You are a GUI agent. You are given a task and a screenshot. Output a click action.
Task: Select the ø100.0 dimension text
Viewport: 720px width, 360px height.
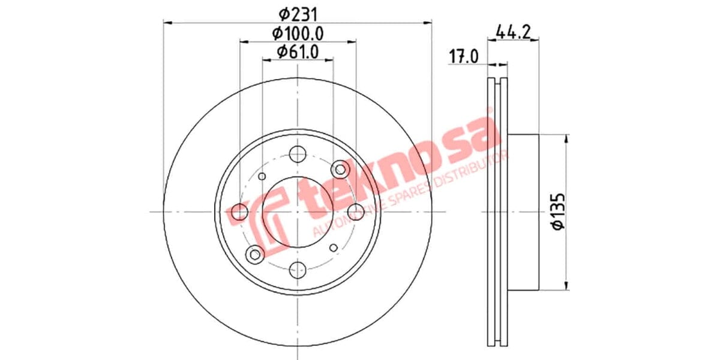[x=298, y=33]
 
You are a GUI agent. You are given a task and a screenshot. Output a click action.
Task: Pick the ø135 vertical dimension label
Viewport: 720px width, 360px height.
[x=557, y=211]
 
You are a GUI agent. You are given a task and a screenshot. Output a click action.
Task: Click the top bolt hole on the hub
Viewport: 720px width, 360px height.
[x=298, y=154]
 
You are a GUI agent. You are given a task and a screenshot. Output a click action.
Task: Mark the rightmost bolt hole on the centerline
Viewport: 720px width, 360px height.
[x=356, y=212]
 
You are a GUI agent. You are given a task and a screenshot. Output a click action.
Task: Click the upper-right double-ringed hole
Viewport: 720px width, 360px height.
[x=341, y=169]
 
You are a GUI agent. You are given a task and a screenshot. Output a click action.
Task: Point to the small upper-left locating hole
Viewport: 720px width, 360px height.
[x=262, y=176]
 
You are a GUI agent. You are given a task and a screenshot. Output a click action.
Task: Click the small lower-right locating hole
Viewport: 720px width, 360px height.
[x=334, y=247]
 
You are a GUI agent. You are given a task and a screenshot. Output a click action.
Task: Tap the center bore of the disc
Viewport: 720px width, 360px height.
[x=298, y=212]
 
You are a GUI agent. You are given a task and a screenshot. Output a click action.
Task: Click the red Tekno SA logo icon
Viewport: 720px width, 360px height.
[x=264, y=220]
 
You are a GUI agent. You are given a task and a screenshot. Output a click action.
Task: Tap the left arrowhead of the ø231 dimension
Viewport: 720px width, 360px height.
[x=167, y=23]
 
